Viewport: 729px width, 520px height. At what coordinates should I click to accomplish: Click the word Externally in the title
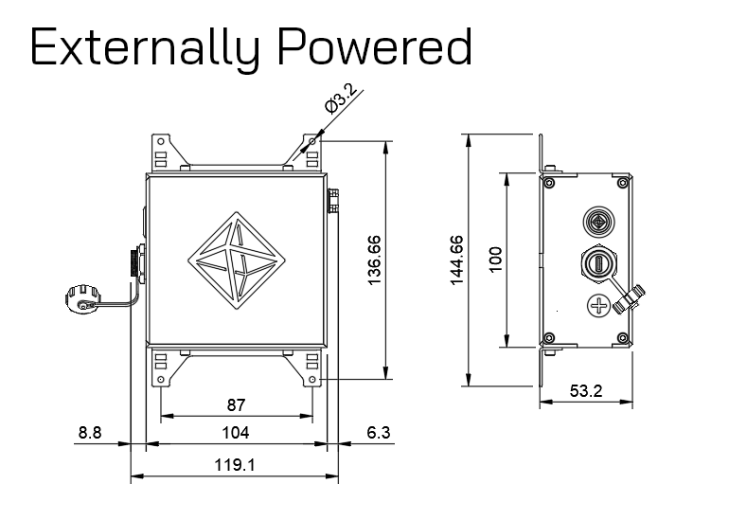145,47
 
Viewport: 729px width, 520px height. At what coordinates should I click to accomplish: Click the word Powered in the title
375,45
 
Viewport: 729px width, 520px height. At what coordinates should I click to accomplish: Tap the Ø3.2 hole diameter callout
341,99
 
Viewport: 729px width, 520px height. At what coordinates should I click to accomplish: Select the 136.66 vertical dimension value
373,260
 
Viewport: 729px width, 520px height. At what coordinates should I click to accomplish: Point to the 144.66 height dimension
456,260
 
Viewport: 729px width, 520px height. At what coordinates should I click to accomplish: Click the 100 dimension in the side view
495,260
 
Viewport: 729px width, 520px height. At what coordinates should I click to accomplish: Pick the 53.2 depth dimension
586,390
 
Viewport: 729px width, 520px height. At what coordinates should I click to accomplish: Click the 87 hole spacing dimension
236,405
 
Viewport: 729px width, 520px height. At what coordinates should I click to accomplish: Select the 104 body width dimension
235,433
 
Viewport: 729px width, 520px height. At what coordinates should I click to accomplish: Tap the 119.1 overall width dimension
235,465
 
